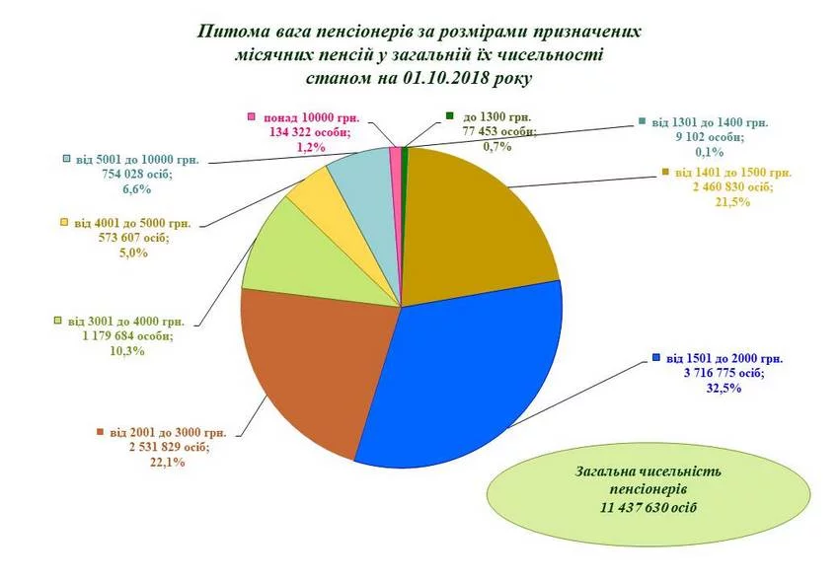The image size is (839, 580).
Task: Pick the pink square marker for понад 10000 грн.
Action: (252, 115)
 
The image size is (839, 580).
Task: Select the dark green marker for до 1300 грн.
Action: (450, 115)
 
